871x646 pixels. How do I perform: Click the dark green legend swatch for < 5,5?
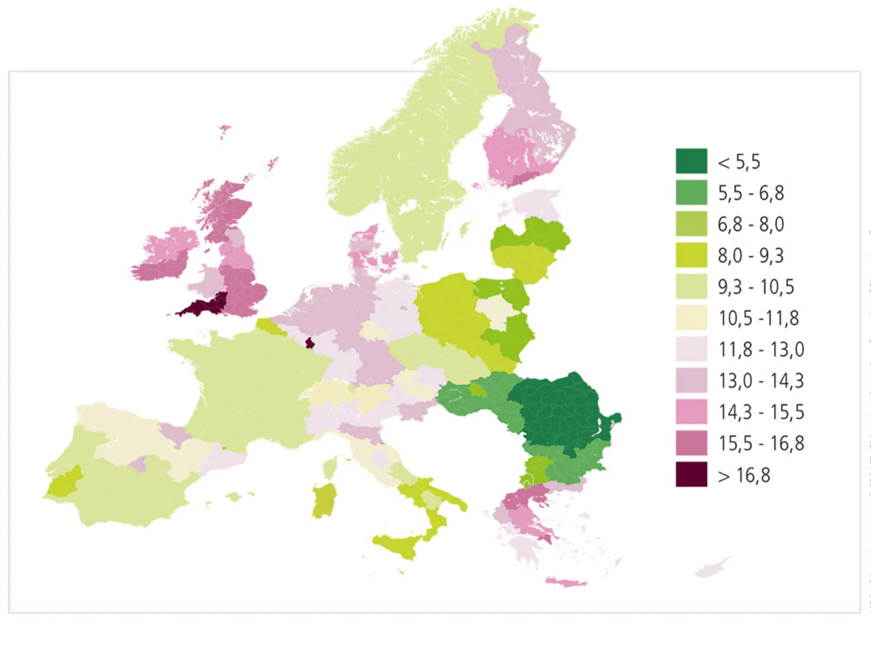pos(691,161)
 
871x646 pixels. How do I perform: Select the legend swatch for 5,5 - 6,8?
pos(691,192)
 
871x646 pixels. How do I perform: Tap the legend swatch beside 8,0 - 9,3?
pos(691,255)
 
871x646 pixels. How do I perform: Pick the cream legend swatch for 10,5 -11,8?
pos(691,318)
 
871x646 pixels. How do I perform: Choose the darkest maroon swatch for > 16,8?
pos(691,474)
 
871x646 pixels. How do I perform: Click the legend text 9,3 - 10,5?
pos(756,287)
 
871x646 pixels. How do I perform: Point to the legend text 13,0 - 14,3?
pos(761,381)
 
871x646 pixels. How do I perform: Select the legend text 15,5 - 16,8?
pos(761,444)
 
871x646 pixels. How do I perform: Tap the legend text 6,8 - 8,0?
pos(751,224)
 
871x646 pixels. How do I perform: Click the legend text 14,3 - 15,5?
pos(761,412)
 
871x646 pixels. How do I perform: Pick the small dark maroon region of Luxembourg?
pos(310,343)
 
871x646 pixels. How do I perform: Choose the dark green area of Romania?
pos(562,409)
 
